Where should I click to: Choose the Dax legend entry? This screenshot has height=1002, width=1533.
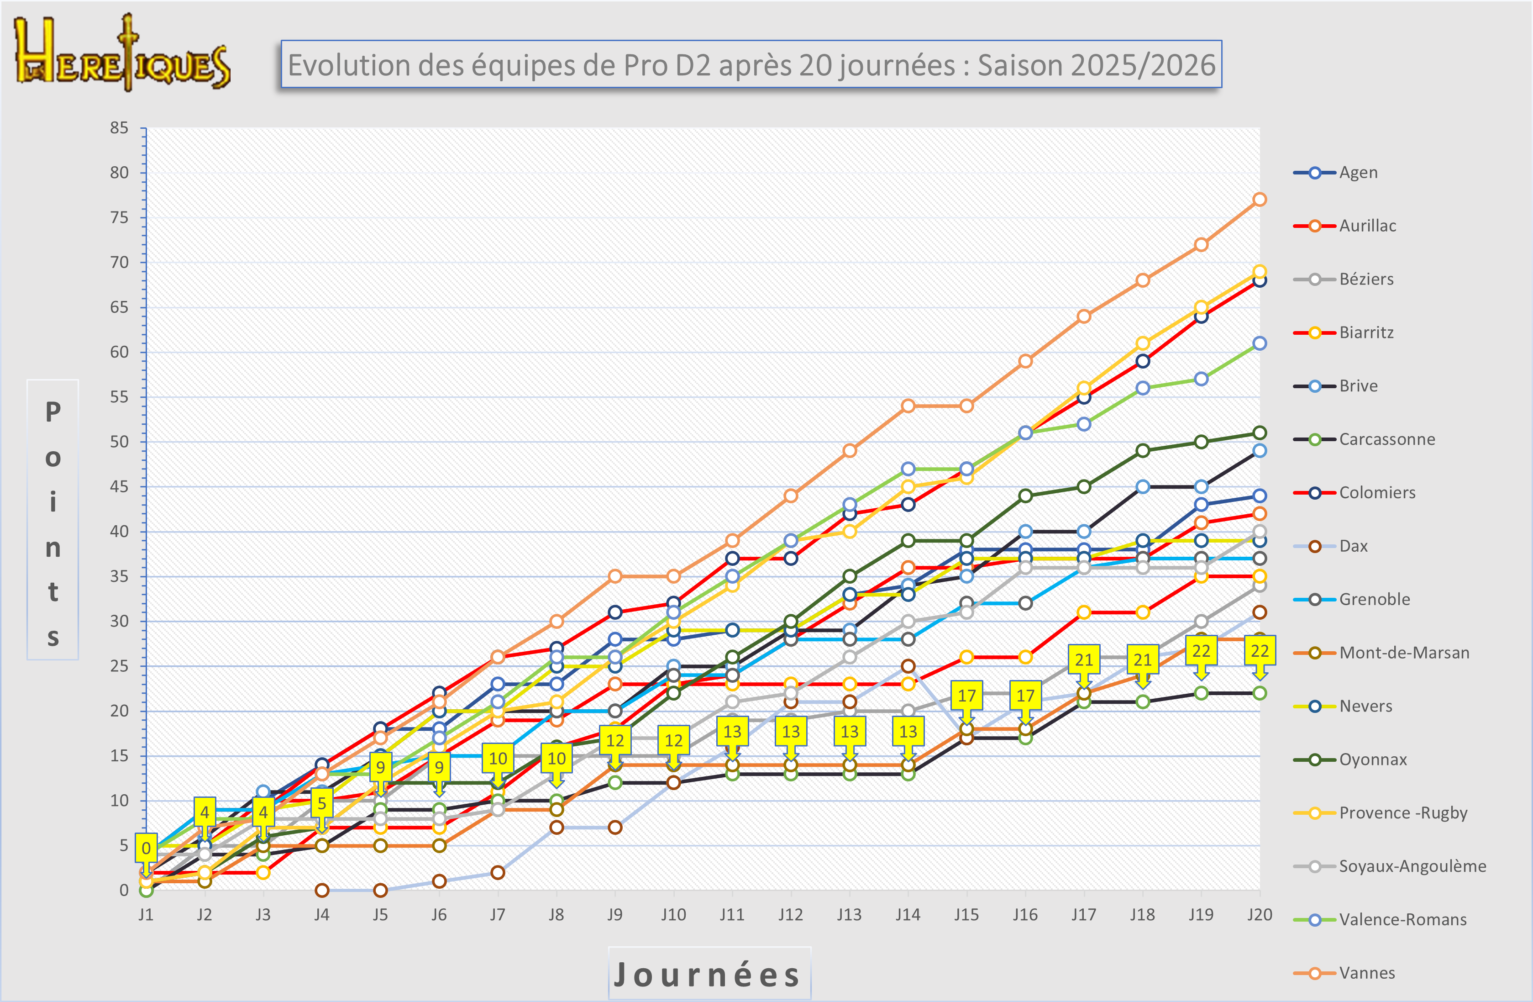(1353, 546)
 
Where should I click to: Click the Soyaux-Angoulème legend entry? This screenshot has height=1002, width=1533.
(1412, 866)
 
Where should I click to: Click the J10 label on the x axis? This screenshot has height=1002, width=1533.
(673, 914)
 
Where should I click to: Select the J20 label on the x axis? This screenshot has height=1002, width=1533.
(1259, 914)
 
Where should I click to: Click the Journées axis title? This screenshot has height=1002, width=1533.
(709, 974)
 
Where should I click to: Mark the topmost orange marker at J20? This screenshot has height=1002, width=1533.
(1259, 200)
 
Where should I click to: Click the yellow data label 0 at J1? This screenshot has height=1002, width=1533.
(146, 848)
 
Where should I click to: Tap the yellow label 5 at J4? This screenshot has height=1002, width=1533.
(321, 803)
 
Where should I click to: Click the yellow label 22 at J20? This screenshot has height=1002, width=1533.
(1259, 651)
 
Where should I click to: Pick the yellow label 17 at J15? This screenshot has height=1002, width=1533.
(966, 695)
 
